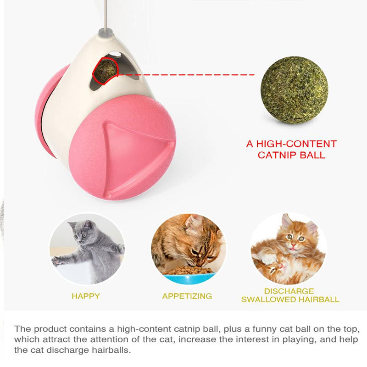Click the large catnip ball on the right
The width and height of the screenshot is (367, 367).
coord(294,90)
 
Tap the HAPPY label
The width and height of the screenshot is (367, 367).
coord(86,296)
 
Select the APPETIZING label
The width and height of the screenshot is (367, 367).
coord(187,296)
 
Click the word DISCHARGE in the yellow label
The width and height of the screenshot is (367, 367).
coord(289,291)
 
